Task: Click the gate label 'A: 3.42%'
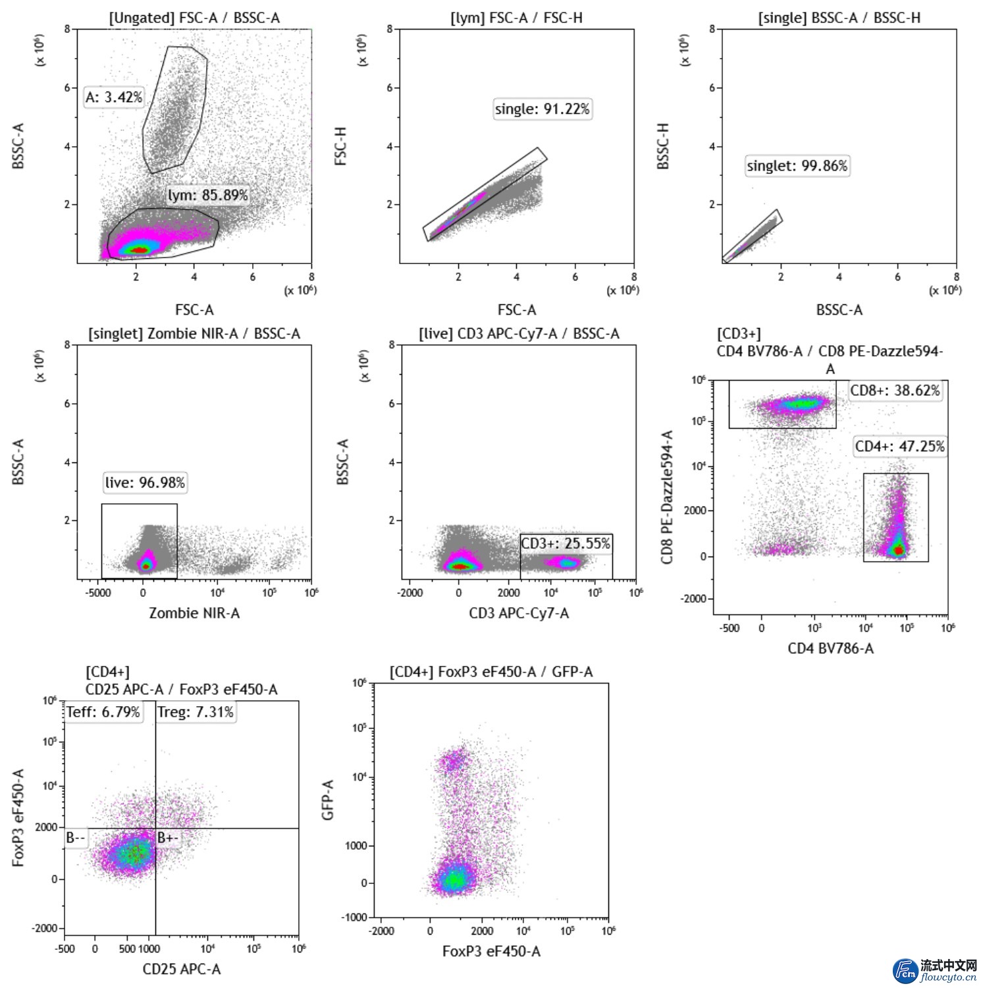click(x=114, y=97)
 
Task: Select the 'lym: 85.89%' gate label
click(x=207, y=195)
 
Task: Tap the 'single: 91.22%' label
click(x=542, y=109)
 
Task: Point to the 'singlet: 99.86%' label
click(x=797, y=165)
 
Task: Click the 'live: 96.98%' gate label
click(x=145, y=483)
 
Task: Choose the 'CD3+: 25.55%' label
click(x=566, y=543)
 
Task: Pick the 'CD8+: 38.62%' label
click(x=895, y=391)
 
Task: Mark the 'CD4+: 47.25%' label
click(x=899, y=447)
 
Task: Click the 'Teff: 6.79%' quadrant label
click(x=103, y=712)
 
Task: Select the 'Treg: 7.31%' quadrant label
click(x=196, y=712)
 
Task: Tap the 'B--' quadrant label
click(x=76, y=838)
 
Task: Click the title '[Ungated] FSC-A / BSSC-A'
click(x=194, y=18)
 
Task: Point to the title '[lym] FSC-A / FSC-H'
click(x=516, y=18)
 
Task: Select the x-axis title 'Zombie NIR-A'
click(x=194, y=613)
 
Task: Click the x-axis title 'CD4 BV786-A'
click(x=831, y=649)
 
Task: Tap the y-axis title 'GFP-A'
click(x=328, y=800)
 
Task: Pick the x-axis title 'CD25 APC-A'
click(x=182, y=969)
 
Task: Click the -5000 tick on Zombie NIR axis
click(x=98, y=592)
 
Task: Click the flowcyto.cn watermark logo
click(x=936, y=970)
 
